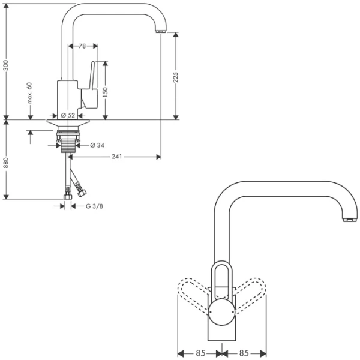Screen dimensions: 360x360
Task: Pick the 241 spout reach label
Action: click(117, 157)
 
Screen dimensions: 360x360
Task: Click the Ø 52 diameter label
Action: click(68, 115)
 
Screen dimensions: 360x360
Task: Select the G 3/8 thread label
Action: click(95, 206)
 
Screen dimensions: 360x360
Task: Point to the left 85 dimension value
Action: click(200, 353)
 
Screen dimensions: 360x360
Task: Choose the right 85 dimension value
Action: click(245, 353)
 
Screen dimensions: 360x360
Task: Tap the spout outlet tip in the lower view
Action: click(348, 220)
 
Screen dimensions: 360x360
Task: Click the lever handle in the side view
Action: click(92, 87)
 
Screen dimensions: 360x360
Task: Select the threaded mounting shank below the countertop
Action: click(68, 143)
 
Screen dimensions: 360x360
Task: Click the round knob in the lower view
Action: click(222, 313)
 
